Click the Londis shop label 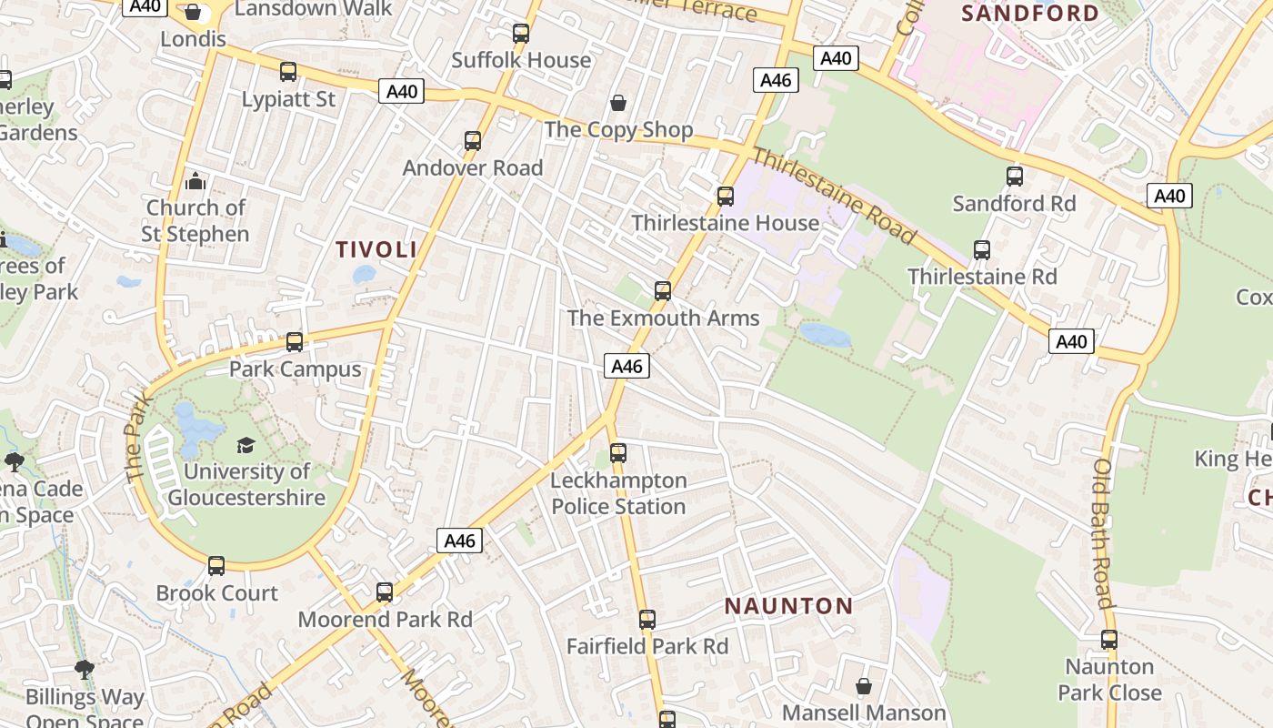coord(193,39)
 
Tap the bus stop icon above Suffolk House coord(521,34)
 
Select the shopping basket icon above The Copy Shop coord(618,102)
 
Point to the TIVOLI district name coord(376,249)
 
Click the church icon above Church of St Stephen coord(195,181)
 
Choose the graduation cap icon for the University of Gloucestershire coord(246,445)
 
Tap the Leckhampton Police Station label coord(618,493)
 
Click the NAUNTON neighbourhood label coord(788,606)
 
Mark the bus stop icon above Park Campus coord(295,342)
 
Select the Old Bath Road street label coord(1104,533)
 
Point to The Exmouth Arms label coord(663,318)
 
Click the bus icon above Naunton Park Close coord(1109,640)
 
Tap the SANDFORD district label coord(1030,13)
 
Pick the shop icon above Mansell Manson coord(864,685)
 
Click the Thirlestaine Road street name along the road coord(834,196)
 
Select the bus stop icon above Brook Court coord(216,566)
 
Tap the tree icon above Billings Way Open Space coord(85,671)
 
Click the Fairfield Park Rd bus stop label coord(647,646)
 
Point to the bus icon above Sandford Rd coord(1015,177)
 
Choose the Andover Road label coord(473,167)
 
